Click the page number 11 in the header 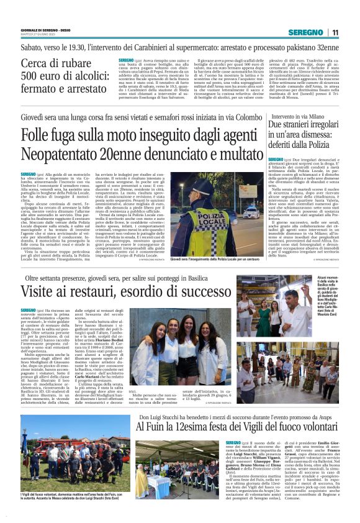pos(335,32)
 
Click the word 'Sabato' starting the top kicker pos(34,47)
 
